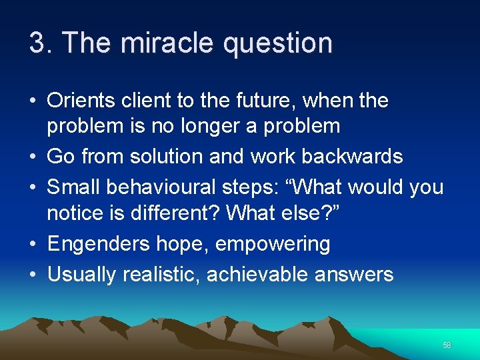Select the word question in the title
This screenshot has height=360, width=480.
pyautogui.click(x=278, y=43)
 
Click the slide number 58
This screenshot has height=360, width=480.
pyautogui.click(x=447, y=345)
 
